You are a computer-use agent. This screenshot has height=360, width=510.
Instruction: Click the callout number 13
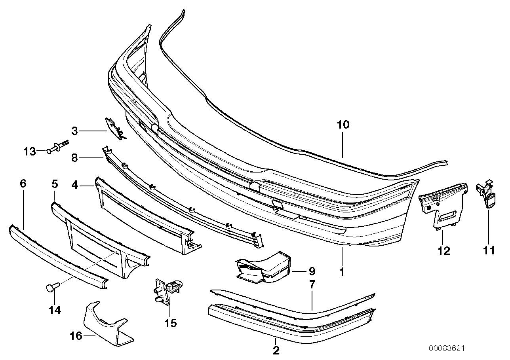tap(30, 151)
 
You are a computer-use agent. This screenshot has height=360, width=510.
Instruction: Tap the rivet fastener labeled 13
tap(55, 149)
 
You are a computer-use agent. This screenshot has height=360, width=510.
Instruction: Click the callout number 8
tap(74, 159)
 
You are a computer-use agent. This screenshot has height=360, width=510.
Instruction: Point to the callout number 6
tap(23, 184)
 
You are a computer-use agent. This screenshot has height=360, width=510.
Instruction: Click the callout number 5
tap(55, 184)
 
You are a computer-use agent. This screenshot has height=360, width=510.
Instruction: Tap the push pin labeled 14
tap(52, 287)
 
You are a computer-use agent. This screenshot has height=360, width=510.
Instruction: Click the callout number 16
tap(76, 336)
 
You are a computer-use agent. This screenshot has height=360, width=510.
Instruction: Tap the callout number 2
tap(276, 350)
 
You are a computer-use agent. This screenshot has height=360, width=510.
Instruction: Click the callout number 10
tap(343, 125)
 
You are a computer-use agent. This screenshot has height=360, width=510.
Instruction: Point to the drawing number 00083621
tap(446, 349)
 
